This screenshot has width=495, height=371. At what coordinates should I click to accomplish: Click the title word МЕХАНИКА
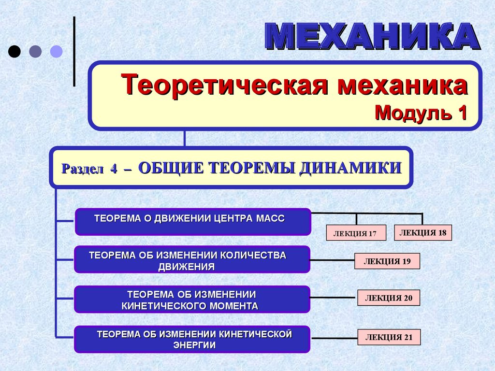coord(372,36)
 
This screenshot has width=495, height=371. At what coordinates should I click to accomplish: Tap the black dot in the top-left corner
coord(15,51)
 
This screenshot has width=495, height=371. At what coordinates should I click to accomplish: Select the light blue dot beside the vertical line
coord(57,51)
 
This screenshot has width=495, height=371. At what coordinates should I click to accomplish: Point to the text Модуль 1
coord(421,113)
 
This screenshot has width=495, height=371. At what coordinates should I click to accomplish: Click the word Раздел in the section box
coord(82,169)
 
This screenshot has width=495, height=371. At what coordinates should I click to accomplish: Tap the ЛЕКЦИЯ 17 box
coord(356,233)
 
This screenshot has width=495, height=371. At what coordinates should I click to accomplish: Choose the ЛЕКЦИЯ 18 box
coord(423,232)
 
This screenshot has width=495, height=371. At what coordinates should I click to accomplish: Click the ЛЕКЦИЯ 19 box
coord(387,261)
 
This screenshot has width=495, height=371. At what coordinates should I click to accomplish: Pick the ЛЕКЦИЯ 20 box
coord(389,298)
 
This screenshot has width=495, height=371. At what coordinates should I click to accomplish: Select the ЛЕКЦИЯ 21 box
coord(389,337)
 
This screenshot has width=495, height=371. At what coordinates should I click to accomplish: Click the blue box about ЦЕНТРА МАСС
coord(192,222)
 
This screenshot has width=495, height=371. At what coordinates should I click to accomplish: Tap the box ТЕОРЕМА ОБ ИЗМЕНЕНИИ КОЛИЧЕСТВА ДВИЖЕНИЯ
coord(192,259)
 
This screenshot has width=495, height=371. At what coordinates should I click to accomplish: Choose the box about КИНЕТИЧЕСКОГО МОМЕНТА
coord(192,300)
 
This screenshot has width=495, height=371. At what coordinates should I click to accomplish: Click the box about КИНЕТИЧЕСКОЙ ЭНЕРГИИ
coord(192,339)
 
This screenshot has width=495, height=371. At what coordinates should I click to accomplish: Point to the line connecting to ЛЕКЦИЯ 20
coord(334,298)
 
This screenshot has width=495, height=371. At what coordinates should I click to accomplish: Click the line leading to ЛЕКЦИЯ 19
coord(332,260)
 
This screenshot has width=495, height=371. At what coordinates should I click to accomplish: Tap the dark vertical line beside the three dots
coord(74,51)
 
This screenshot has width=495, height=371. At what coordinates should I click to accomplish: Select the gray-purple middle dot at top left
coord(35,51)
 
